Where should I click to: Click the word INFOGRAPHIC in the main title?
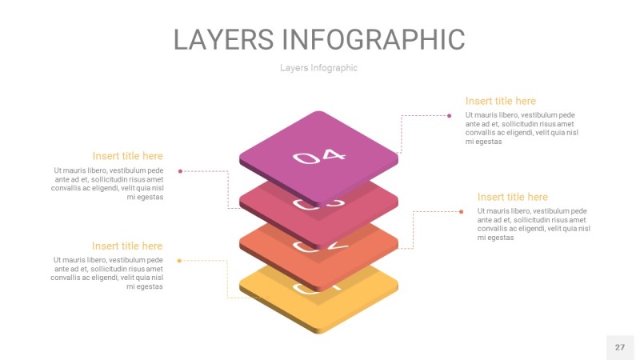[x=374, y=39]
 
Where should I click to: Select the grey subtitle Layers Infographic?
[x=318, y=68]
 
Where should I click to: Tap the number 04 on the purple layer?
[x=319, y=156]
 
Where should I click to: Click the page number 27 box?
[x=619, y=347]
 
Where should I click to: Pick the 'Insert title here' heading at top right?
[x=500, y=101]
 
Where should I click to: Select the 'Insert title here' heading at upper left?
[x=127, y=156]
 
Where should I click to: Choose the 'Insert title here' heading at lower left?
[x=127, y=246]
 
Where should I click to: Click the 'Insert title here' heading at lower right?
[x=512, y=197]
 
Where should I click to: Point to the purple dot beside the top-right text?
[x=450, y=116]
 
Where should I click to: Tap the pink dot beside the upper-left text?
[x=180, y=170]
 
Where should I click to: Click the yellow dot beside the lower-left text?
[x=179, y=260]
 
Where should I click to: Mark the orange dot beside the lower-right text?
[x=461, y=211]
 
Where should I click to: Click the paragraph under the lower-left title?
[x=109, y=273]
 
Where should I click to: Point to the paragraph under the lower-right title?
[x=534, y=224]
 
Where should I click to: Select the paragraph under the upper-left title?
[x=109, y=183]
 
